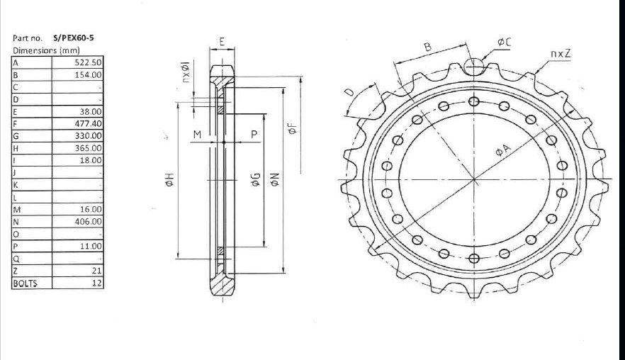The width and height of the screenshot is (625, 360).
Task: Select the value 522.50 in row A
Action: (x=89, y=62)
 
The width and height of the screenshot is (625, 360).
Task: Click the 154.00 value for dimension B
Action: (x=89, y=74)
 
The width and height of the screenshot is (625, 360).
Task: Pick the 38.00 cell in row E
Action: (x=91, y=111)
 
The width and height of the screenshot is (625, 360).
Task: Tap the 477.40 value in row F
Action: (x=89, y=123)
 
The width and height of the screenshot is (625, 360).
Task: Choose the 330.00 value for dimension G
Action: (x=89, y=135)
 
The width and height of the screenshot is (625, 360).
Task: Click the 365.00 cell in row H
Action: (x=89, y=148)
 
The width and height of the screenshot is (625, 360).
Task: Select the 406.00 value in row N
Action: (x=89, y=222)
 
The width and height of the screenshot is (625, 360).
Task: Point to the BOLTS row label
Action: (x=25, y=283)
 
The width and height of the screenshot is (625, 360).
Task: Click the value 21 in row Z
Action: (x=97, y=271)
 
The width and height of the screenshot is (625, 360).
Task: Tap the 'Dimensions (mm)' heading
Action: (x=46, y=50)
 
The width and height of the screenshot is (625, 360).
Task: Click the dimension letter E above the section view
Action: (x=222, y=42)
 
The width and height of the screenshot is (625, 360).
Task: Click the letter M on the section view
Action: (x=197, y=134)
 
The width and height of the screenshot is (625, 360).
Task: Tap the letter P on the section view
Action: (x=253, y=134)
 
